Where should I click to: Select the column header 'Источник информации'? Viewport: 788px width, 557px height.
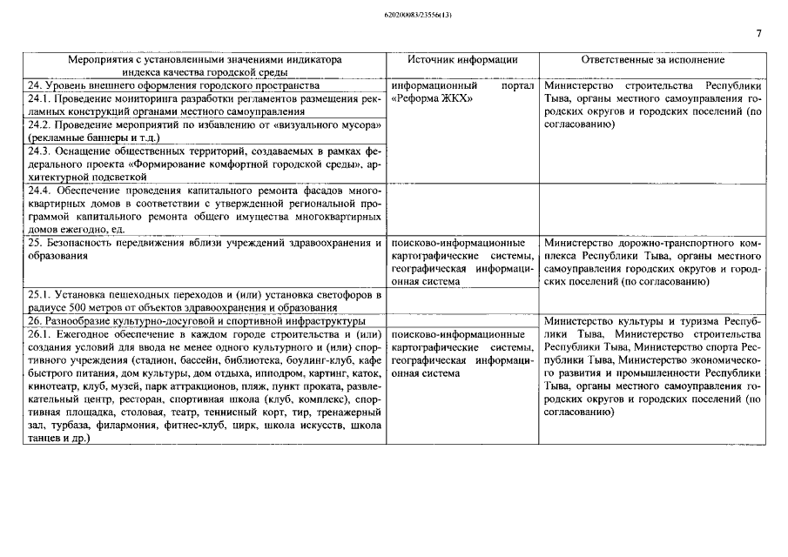tap(462, 60)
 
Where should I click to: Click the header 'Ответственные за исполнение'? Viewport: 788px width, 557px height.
tap(652, 60)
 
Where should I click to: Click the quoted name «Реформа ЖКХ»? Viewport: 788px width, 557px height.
tap(433, 99)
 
